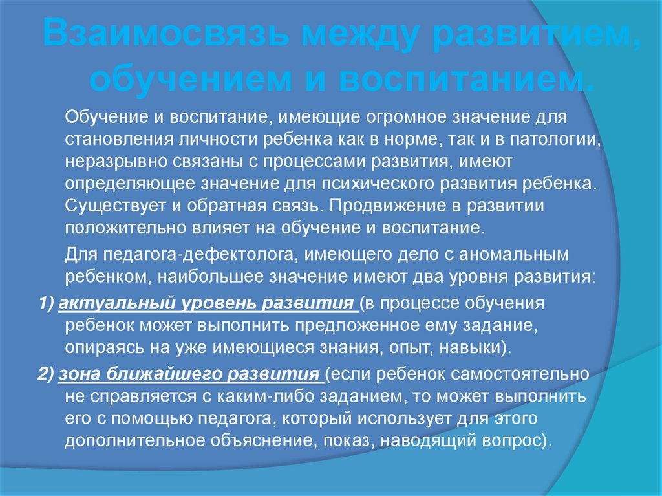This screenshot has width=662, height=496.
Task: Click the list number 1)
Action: click(x=47, y=303)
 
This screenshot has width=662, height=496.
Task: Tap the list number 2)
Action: click(x=47, y=374)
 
